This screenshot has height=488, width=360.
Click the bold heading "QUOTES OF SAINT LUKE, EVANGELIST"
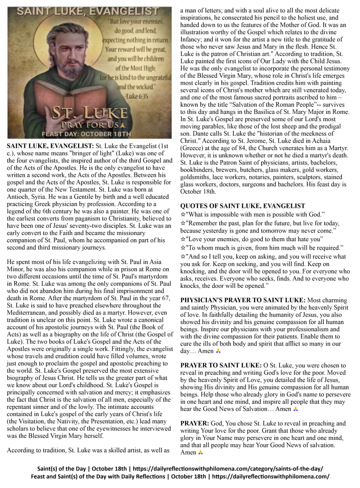[243, 206]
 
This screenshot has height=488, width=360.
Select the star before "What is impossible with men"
[183, 214]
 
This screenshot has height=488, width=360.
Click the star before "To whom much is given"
[183, 248]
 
